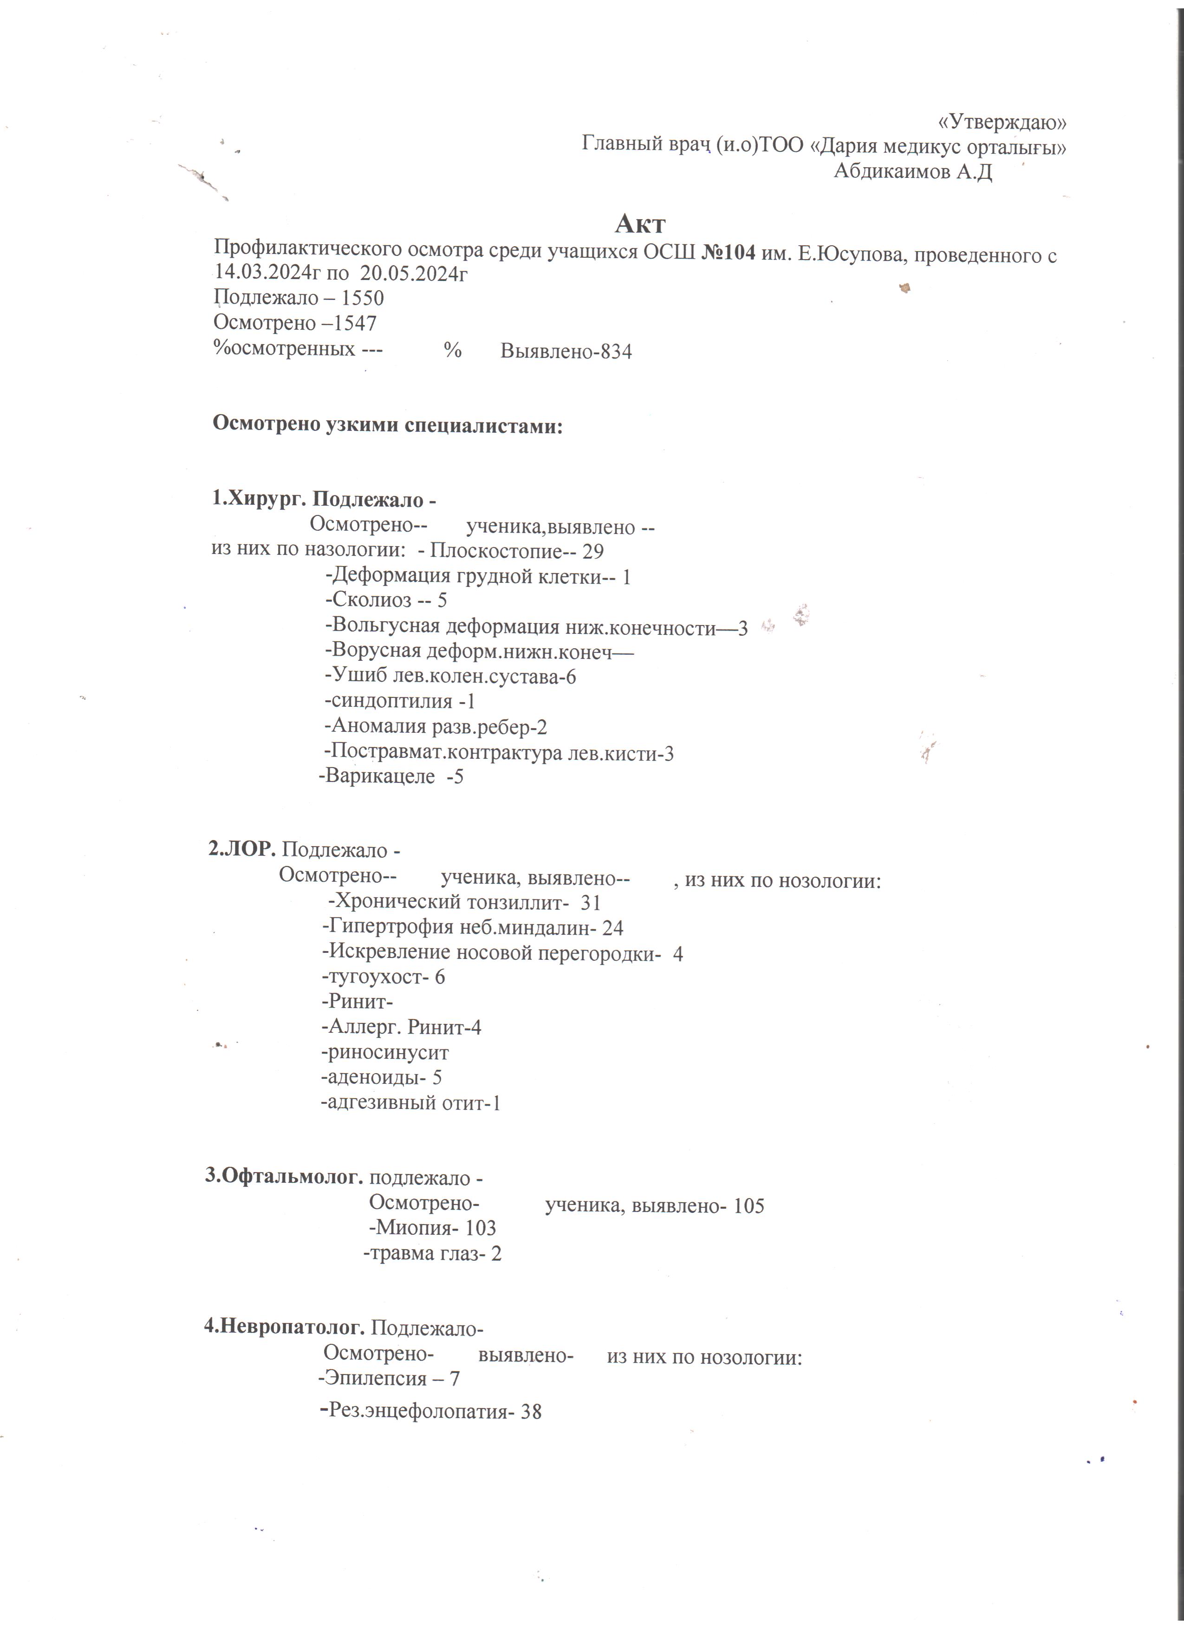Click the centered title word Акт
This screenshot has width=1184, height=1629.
640,224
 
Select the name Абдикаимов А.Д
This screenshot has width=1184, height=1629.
912,172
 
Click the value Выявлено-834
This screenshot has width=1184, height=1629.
566,352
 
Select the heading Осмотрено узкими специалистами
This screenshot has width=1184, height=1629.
388,425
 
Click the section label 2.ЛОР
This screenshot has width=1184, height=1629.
242,850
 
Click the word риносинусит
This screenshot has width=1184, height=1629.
388,1054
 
